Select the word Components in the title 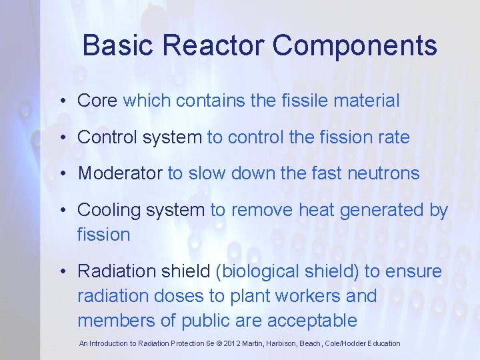(355, 46)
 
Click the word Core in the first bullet (97, 101)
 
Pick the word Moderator (120, 173)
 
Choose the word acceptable (312, 321)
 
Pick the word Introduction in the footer (112, 344)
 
